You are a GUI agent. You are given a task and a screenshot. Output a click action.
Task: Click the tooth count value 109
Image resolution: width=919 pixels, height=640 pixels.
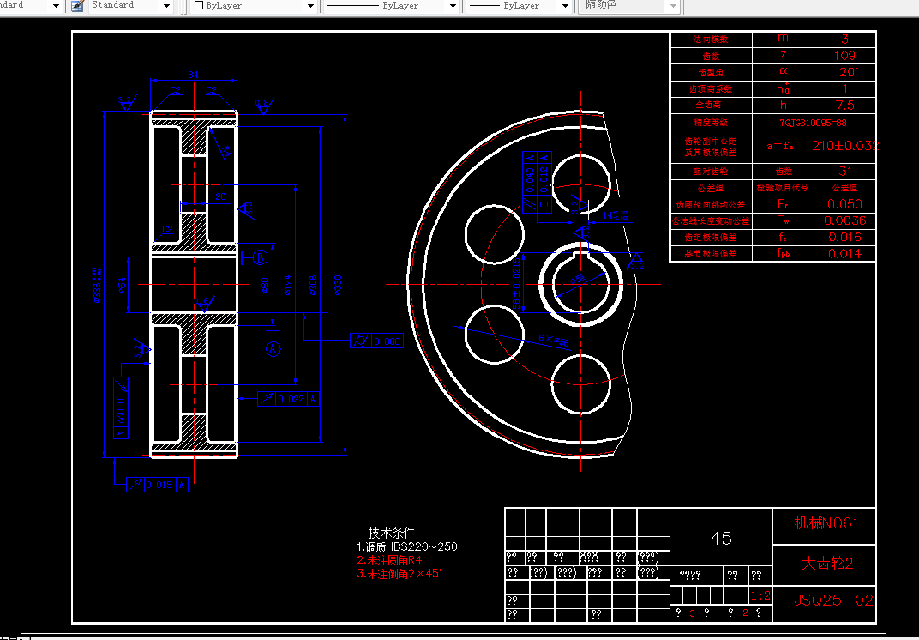point(844,56)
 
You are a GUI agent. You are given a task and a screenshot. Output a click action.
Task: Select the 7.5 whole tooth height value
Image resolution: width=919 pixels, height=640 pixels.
point(844,106)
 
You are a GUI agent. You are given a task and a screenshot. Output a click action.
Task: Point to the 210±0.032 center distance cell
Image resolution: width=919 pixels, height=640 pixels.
point(844,146)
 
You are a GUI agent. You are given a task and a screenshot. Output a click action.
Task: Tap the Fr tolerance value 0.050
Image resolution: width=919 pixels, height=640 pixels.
point(844,204)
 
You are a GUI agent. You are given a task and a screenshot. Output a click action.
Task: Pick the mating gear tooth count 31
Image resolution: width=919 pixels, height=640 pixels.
point(844,172)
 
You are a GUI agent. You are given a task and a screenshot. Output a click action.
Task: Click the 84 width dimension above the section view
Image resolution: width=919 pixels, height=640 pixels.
point(193,75)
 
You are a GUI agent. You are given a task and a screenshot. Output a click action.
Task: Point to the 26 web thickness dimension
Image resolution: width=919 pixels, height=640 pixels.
point(220,197)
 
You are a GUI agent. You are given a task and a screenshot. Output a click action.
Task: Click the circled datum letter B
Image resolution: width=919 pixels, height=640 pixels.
point(261,257)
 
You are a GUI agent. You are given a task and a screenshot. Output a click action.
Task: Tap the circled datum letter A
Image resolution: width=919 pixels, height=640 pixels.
point(273,349)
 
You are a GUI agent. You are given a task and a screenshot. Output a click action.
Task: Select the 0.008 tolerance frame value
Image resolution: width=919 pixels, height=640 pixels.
point(385,341)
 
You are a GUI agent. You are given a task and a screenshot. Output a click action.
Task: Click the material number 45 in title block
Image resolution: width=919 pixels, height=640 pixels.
point(721,538)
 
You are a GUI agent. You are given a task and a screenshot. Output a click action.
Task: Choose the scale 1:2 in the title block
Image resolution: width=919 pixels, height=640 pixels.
point(759,596)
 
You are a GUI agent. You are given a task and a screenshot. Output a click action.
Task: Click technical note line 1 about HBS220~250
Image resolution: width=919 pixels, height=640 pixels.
point(407,546)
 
